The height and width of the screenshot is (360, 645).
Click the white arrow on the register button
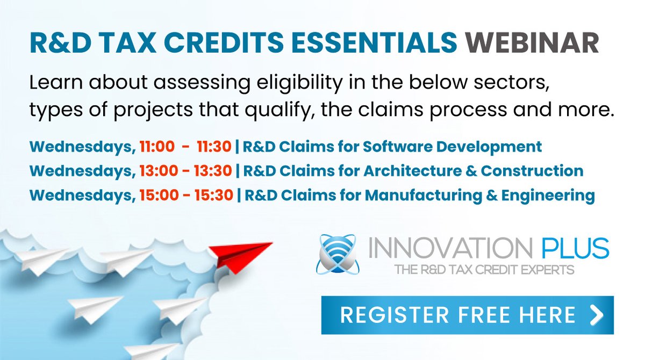pyautogui.click(x=596, y=315)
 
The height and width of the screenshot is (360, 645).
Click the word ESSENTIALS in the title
pyautogui.click(x=368, y=43)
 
